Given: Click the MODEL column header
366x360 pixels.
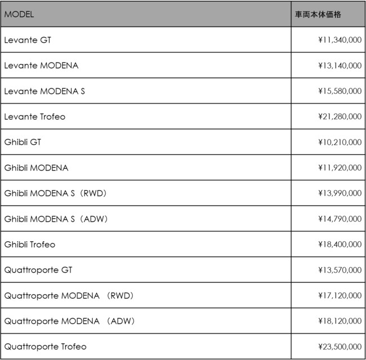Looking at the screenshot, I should click(19, 14).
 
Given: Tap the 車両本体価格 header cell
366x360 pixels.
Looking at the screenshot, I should click(318, 14).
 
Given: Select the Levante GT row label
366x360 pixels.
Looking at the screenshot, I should click(28, 40).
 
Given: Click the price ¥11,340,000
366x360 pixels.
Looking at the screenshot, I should click(340, 40).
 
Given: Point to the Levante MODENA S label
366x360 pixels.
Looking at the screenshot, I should click(44, 91).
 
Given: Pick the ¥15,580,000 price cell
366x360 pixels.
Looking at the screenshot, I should click(340, 91).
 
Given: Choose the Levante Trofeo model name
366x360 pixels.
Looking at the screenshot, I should click(35, 116).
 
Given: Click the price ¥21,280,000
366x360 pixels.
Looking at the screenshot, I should click(340, 116).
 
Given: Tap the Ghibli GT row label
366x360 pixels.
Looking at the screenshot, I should click(23, 142).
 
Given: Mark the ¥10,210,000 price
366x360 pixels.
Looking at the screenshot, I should click(340, 142).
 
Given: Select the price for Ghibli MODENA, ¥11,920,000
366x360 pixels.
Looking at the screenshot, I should click(340, 168).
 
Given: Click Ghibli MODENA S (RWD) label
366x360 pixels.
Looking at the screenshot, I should click(55, 193).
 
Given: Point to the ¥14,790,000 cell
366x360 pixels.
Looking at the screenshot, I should click(340, 219).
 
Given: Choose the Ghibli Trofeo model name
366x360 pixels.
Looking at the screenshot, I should click(30, 245).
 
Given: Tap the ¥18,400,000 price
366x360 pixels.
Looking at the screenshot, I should click(340, 245).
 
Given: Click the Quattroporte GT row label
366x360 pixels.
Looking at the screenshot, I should click(38, 270).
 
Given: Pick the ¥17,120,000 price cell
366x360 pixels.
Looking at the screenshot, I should click(340, 295).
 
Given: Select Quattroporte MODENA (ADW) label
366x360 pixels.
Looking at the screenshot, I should click(69, 321).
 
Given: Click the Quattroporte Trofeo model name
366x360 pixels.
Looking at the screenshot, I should click(46, 346).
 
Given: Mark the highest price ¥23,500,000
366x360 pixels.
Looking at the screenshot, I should click(340, 346).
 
